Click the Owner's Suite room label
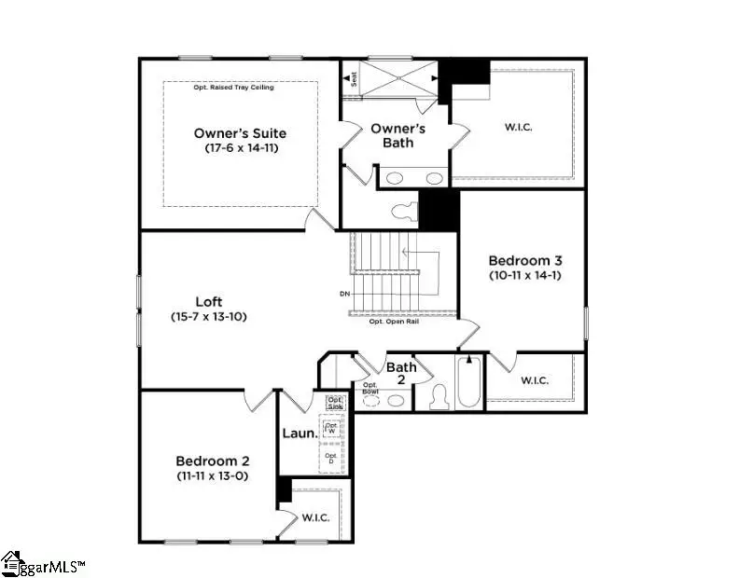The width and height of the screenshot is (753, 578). [x=240, y=133]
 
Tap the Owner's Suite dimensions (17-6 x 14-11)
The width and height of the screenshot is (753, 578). [x=241, y=148]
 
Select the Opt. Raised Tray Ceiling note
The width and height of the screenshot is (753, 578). [x=241, y=88]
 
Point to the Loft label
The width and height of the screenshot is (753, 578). [x=208, y=301]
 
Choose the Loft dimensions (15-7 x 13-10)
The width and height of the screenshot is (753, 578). [x=208, y=316]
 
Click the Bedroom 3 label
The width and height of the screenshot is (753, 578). [x=524, y=260]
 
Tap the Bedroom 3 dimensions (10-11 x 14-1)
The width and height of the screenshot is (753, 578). [x=524, y=275]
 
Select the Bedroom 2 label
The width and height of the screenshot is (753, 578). [x=213, y=461]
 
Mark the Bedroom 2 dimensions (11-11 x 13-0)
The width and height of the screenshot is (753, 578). [x=213, y=475]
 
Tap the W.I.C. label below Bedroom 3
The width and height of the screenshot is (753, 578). [x=535, y=380]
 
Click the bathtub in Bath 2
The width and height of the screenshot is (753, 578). [x=468, y=384]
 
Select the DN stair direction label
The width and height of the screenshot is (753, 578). [x=344, y=295]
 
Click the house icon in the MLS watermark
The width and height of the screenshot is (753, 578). [x=12, y=562]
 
